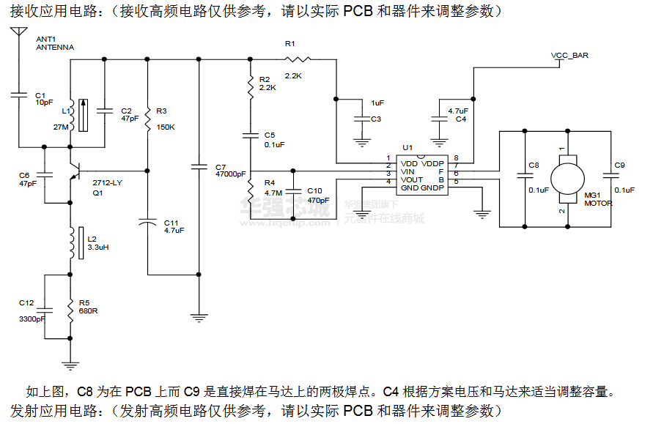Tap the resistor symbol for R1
pyautogui.click(x=298, y=59)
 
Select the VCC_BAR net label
pyautogui.click(x=569, y=56)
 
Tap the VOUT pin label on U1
pyautogui.click(x=412, y=180)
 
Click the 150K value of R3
pyautogui.click(x=166, y=127)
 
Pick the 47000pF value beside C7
pyautogui.click(x=231, y=174)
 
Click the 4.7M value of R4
pyautogui.click(x=273, y=193)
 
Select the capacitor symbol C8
pyautogui.click(x=525, y=176)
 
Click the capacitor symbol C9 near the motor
pyautogui.click(x=608, y=176)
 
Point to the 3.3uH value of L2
pyautogui.click(x=98, y=248)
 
